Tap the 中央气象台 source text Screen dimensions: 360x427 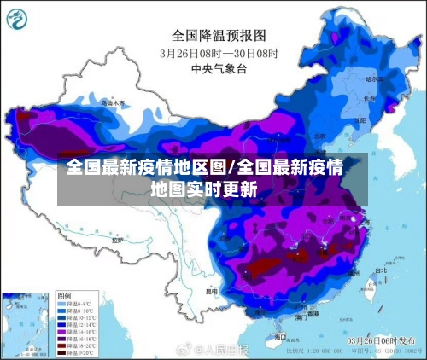point(214,67)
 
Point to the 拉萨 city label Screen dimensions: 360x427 point(117,241)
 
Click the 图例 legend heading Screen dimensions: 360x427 point(64,295)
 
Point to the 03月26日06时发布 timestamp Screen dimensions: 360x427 point(378,340)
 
